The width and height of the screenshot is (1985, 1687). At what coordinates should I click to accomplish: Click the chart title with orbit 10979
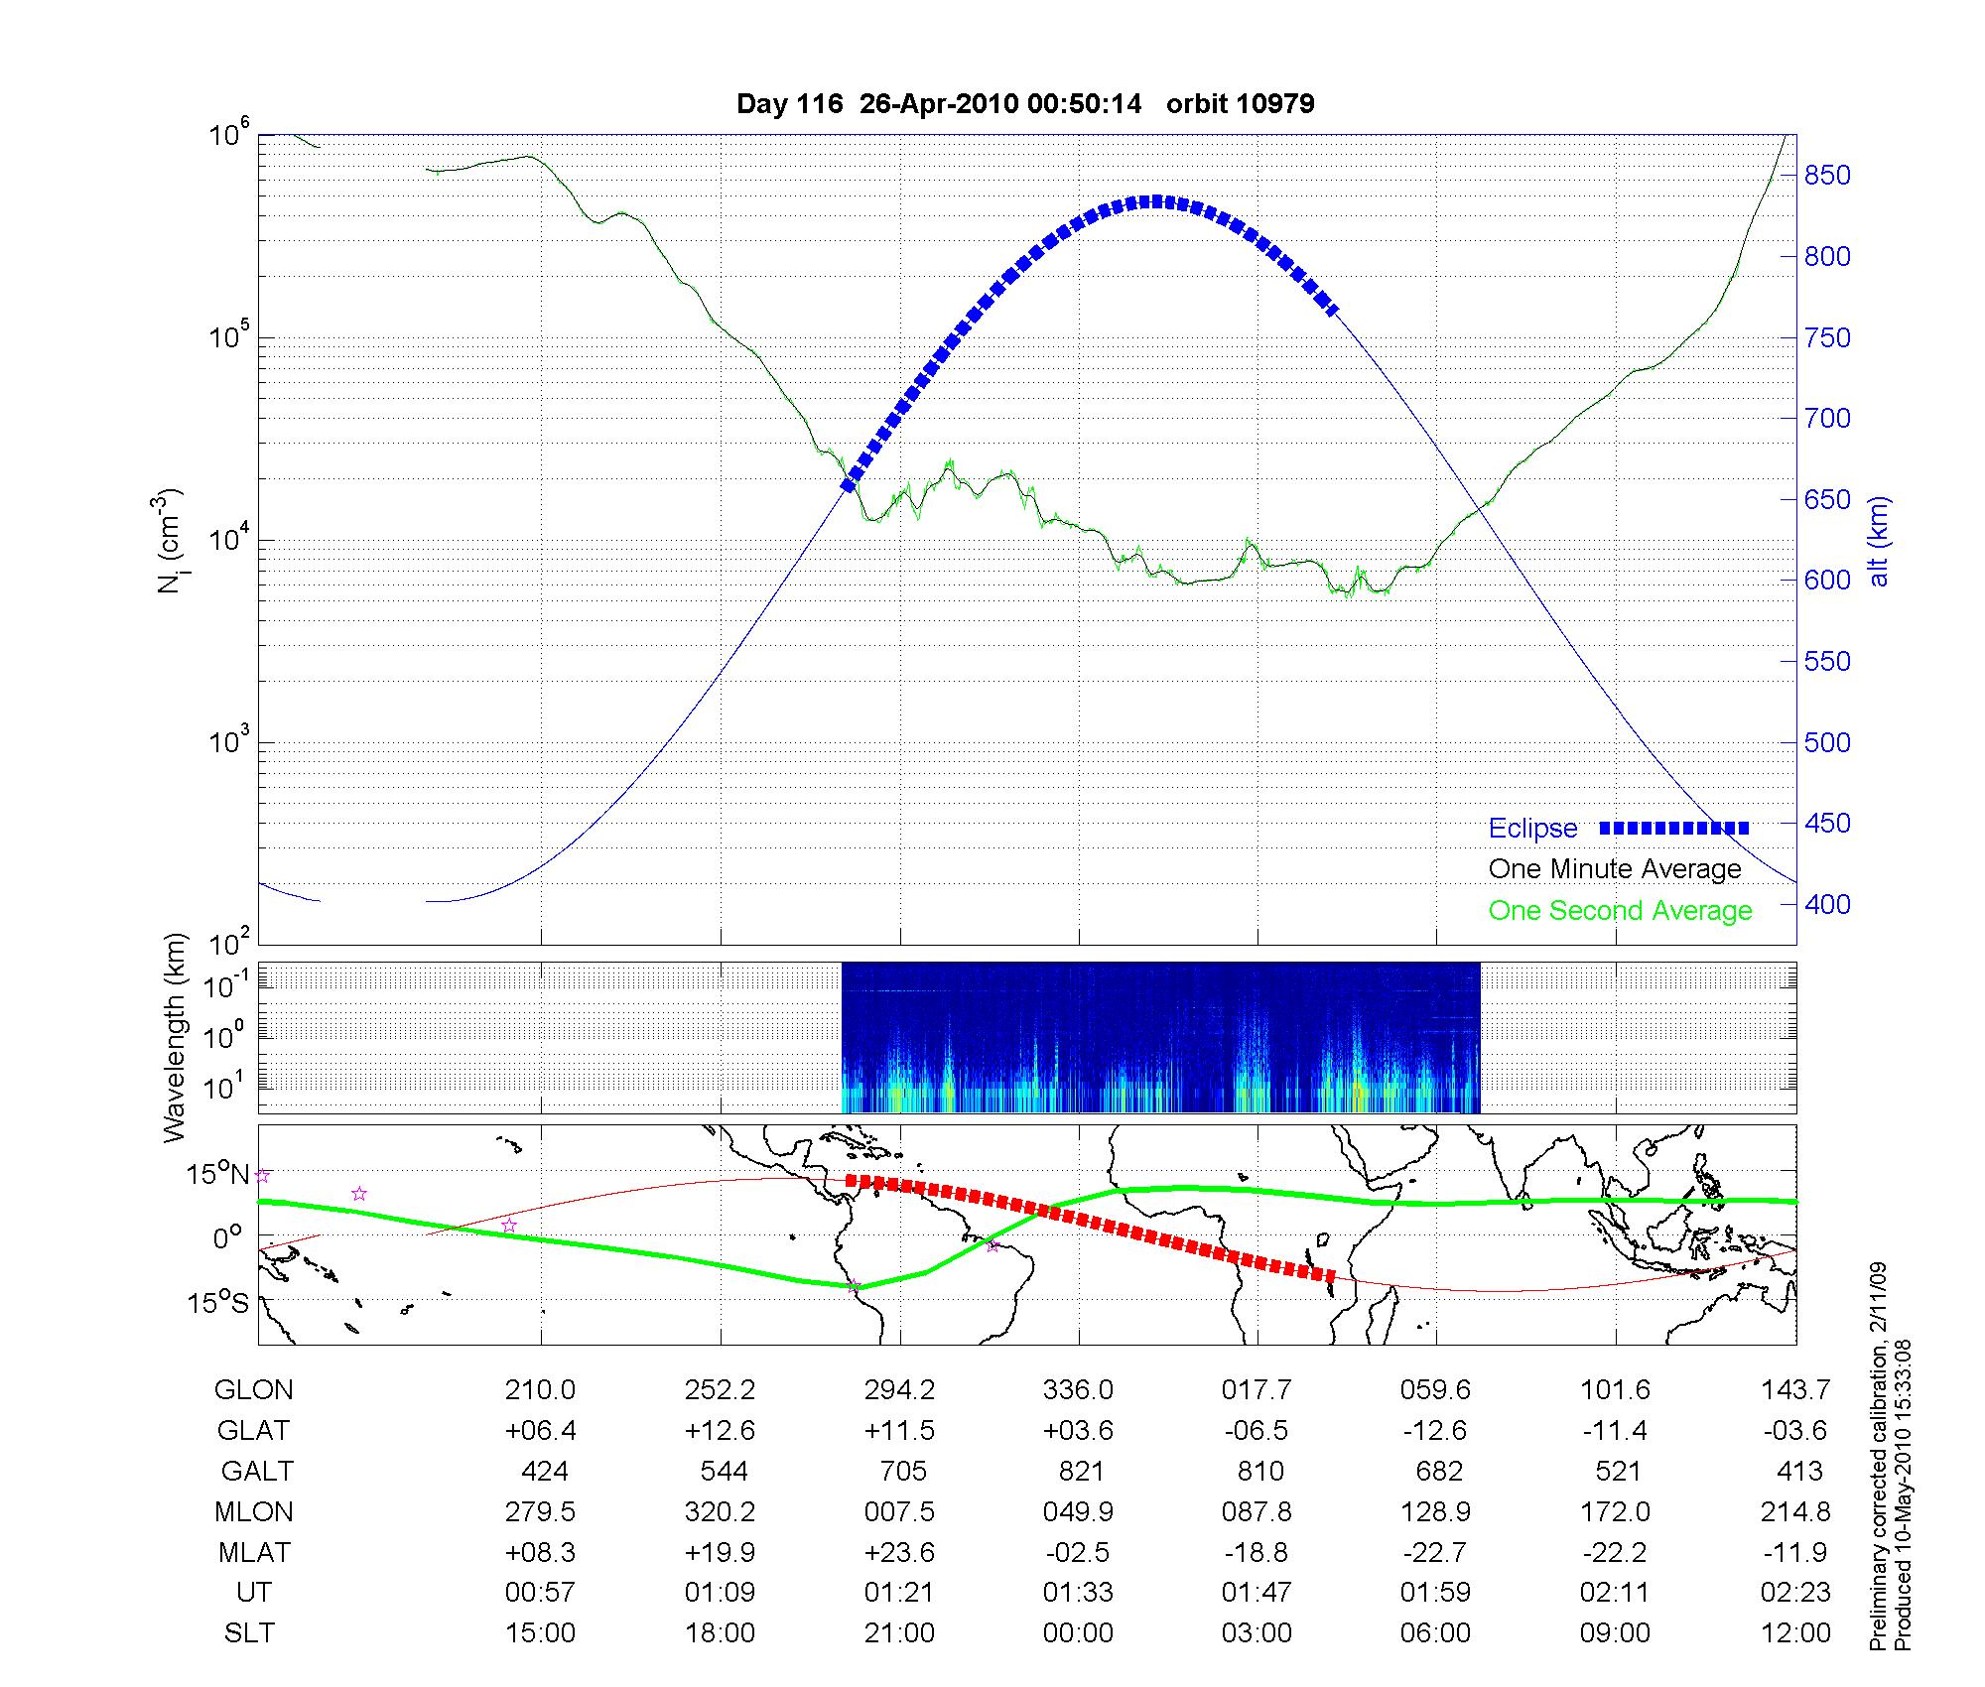click(1025, 104)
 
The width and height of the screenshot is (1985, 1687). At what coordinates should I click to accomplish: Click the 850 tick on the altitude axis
click(1826, 176)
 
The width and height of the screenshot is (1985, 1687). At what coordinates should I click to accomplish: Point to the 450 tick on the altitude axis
click(1826, 824)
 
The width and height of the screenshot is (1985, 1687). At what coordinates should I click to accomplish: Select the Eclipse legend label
click(1532, 829)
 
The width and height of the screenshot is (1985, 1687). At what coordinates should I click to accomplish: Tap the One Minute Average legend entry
click(1615, 869)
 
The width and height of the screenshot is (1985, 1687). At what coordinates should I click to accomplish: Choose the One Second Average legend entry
click(1620, 911)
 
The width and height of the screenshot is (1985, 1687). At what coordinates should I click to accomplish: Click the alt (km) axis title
click(1880, 541)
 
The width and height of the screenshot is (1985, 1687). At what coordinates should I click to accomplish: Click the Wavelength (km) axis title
click(175, 1037)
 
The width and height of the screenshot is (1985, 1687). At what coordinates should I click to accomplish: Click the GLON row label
click(253, 1390)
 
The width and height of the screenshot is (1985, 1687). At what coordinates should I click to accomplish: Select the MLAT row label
click(254, 1552)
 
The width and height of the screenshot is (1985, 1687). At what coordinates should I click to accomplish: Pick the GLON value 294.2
click(899, 1390)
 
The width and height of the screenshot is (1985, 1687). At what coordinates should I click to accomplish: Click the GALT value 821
click(1081, 1471)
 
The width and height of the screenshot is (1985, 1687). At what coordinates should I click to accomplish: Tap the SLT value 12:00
click(1794, 1633)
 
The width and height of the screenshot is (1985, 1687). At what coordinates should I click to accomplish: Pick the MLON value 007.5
click(899, 1511)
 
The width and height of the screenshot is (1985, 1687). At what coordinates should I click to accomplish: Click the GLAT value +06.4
click(540, 1431)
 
